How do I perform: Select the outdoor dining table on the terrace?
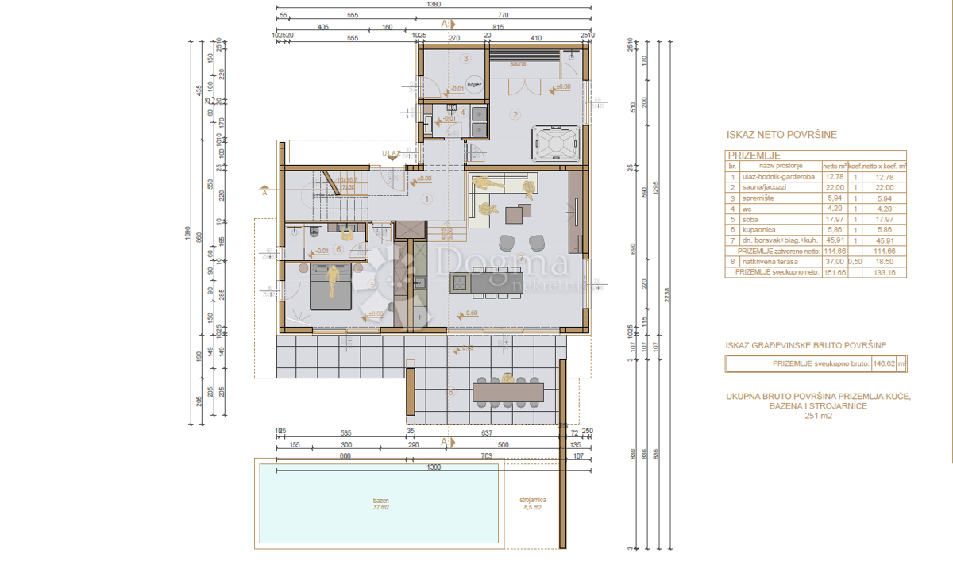pos(508,391)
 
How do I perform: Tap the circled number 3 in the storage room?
pos(467,58)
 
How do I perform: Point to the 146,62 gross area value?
pos(881,363)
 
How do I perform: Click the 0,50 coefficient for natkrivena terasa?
pos(855,260)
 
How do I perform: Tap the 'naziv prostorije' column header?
pos(777,167)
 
